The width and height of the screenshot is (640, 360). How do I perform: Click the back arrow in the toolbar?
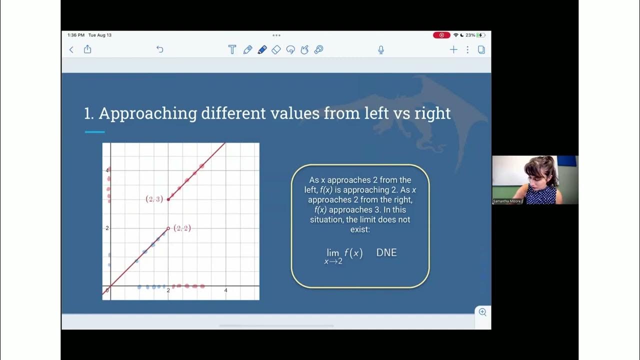[x=71, y=49]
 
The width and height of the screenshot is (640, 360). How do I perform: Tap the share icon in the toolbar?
[x=87, y=49]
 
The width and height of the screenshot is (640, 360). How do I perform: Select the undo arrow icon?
[x=160, y=49]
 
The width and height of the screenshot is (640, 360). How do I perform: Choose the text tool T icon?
[x=232, y=49]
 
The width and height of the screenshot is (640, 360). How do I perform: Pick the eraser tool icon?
[x=276, y=49]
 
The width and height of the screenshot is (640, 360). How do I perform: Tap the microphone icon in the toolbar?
[x=381, y=49]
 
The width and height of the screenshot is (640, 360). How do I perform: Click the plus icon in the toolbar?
[x=453, y=49]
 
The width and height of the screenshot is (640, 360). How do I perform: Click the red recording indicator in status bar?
[x=441, y=35]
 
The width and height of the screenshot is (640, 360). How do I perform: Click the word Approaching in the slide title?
[x=148, y=113]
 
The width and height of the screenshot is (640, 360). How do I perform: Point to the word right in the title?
[x=432, y=113]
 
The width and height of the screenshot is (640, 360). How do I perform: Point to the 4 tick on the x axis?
[x=225, y=290]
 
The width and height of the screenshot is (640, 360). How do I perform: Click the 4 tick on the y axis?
[x=106, y=170]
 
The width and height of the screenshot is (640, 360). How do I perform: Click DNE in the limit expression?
[x=386, y=252]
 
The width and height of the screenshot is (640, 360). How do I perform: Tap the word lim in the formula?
[x=333, y=253]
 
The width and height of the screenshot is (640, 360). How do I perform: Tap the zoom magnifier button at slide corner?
[x=482, y=312]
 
